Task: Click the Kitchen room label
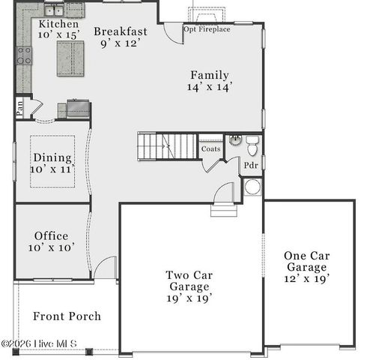56,24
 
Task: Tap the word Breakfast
121,31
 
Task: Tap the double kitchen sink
54,10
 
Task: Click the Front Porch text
67,316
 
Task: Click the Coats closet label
210,148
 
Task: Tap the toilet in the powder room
252,143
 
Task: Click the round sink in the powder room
234,139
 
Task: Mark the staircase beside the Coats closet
166,145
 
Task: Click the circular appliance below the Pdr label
252,187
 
